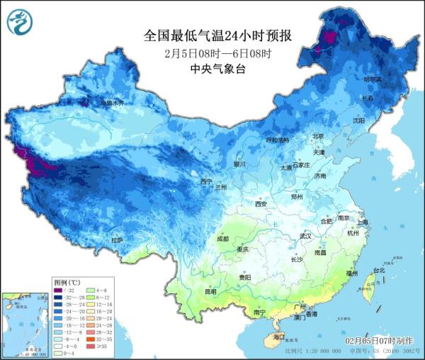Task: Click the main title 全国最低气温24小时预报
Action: click(212, 35)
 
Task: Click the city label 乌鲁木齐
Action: click(111, 103)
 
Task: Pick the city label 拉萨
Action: click(117, 240)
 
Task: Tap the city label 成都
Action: click(222, 238)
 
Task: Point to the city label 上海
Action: click(363, 222)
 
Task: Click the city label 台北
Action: click(378, 270)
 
